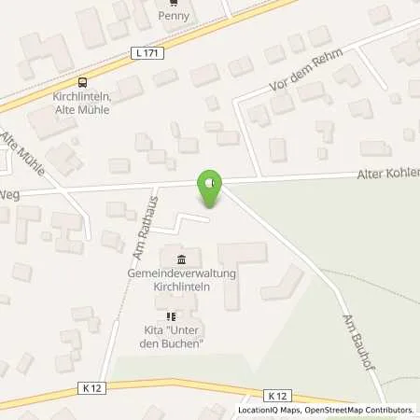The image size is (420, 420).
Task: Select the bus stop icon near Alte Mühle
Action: pyautogui.click(x=82, y=81)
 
